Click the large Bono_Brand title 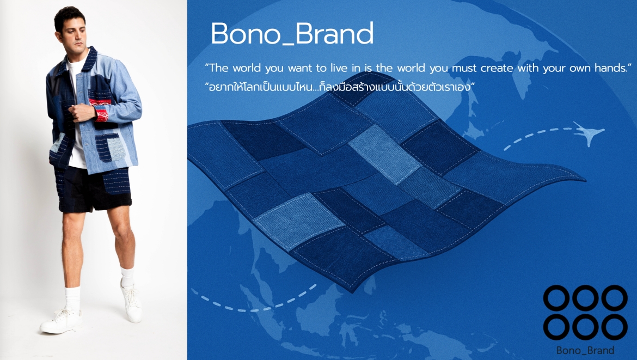pos(292,33)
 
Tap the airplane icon pos(589,132)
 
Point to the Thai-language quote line pos(340,87)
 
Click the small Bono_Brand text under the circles pos(585,350)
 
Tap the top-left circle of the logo pos(556,298)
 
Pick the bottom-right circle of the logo pos(614,327)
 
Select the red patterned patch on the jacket pos(100,108)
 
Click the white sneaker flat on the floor pos(62,321)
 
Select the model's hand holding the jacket pos(82,112)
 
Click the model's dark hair pos(69,17)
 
